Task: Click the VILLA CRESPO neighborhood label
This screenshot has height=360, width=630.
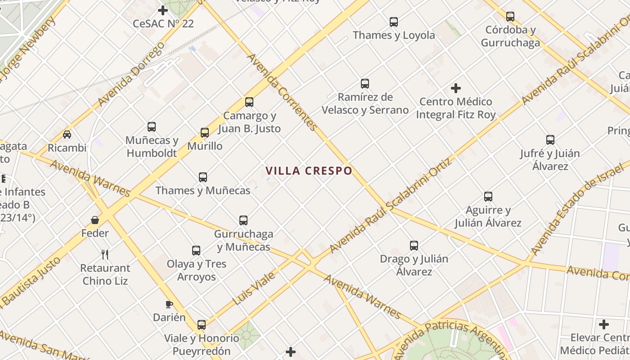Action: pyautogui.click(x=309, y=171)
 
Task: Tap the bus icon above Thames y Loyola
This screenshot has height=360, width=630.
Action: pyautogui.click(x=394, y=22)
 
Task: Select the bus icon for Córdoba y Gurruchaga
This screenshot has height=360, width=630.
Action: pyautogui.click(x=510, y=17)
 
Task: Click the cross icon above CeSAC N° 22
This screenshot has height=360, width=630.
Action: pyautogui.click(x=163, y=10)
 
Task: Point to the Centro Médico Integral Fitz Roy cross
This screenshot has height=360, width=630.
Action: pyautogui.click(x=456, y=88)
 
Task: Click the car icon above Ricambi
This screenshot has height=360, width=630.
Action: pyautogui.click(x=67, y=134)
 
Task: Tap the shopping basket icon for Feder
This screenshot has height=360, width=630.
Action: pyautogui.click(x=95, y=220)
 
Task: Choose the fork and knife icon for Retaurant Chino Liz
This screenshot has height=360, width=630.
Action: pyautogui.click(x=105, y=255)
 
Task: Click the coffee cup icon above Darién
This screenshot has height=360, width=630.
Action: pyautogui.click(x=169, y=304)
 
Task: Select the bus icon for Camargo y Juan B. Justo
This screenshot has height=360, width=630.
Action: pyautogui.click(x=249, y=102)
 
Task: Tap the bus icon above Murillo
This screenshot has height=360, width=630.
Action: pyautogui.click(x=205, y=133)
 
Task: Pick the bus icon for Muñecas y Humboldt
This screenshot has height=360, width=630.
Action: pyautogui.click(x=152, y=127)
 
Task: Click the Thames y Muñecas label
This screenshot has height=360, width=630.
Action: pyautogui.click(x=203, y=190)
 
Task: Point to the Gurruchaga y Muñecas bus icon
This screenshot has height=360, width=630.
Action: pyautogui.click(x=243, y=220)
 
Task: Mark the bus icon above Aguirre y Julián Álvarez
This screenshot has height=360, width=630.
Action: pyautogui.click(x=488, y=197)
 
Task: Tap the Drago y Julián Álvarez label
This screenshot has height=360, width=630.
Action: pyautogui.click(x=414, y=265)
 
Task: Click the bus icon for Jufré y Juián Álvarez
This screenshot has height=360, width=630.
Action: pyautogui.click(x=550, y=140)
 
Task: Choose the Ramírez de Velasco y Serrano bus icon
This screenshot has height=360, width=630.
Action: pyautogui.click(x=365, y=84)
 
